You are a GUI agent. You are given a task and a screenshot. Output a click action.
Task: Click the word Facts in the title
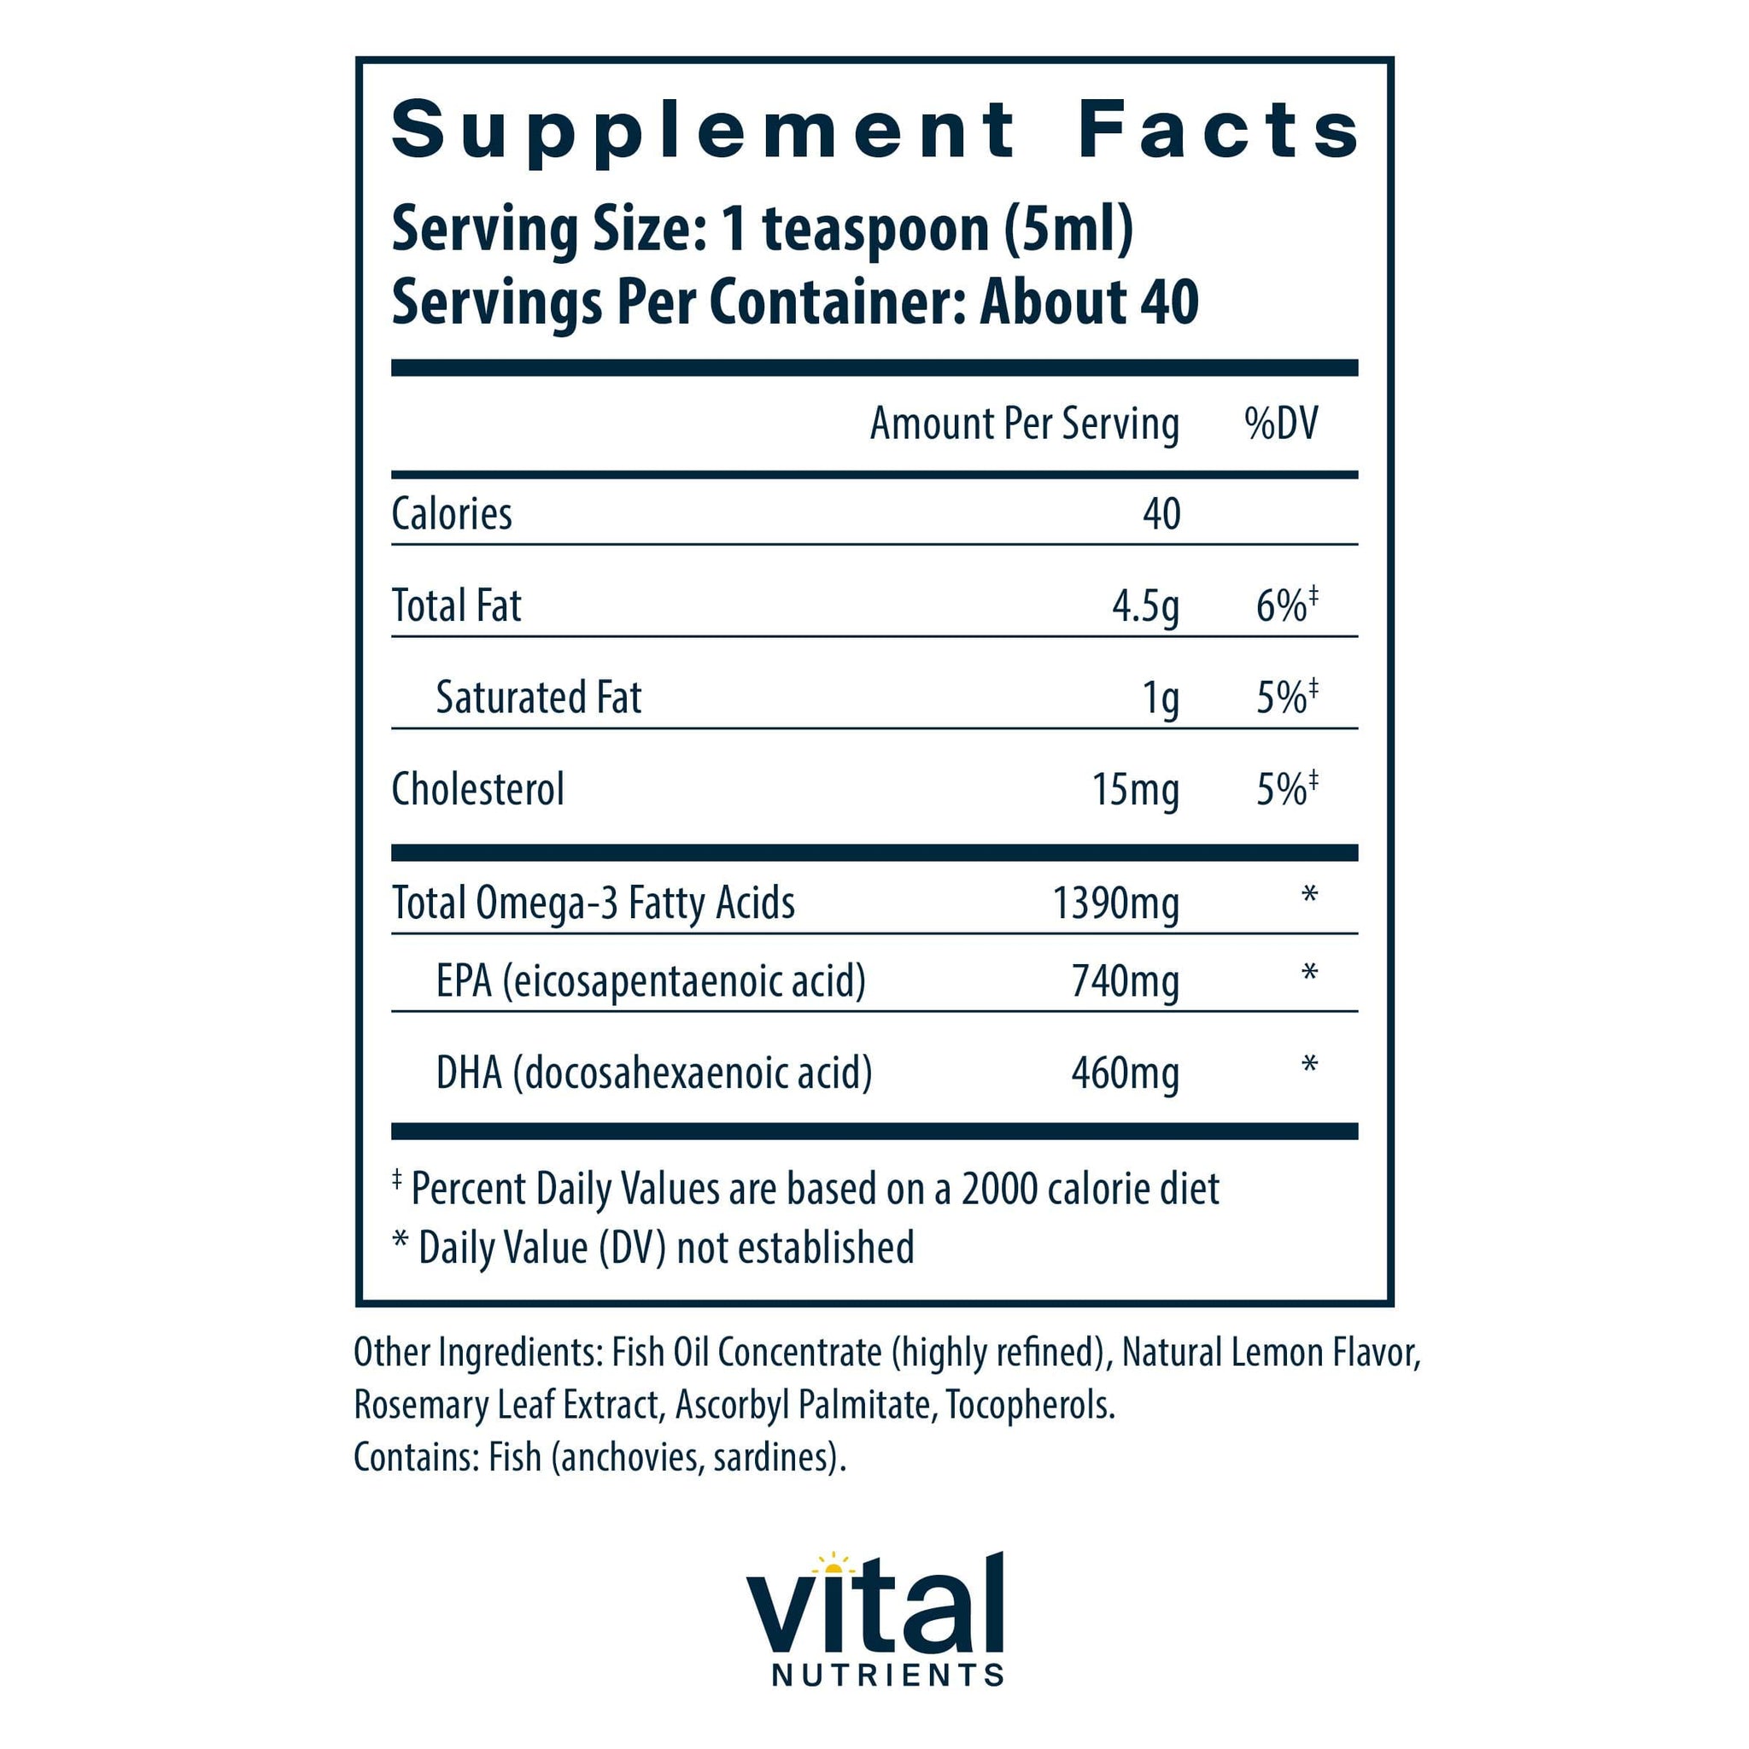1219,131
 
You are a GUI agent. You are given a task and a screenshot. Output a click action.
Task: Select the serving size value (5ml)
1068,229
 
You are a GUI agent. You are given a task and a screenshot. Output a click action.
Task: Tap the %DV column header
1281,424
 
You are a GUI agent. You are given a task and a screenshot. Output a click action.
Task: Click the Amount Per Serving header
1024,424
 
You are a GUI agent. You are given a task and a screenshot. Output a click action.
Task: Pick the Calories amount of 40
1161,514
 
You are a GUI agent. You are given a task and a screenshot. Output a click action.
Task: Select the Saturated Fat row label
539,698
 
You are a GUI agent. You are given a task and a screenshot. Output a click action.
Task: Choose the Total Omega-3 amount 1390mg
1115,904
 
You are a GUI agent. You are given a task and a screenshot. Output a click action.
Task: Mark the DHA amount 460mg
1125,1073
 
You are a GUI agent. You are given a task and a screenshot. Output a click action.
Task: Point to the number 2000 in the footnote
998,1189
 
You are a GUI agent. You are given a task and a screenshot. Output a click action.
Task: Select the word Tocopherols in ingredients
1030,1405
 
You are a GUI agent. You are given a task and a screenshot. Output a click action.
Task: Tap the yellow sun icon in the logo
833,1564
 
